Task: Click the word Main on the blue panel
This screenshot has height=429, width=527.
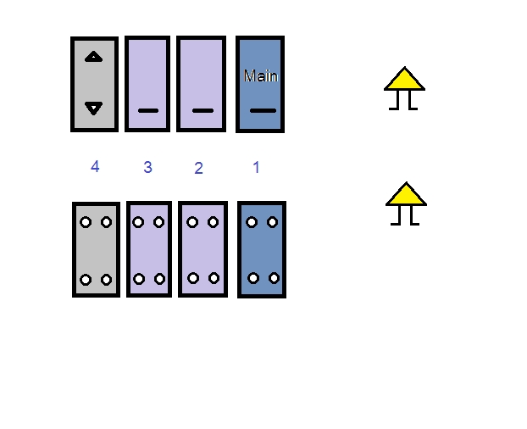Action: (x=261, y=76)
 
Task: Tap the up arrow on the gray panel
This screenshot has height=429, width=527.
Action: (x=94, y=57)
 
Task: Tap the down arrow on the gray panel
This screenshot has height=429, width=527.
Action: (x=94, y=108)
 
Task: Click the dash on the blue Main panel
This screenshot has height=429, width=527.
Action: (x=263, y=110)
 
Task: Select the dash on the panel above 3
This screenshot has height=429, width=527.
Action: (x=148, y=110)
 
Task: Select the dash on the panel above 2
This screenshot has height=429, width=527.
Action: (x=202, y=110)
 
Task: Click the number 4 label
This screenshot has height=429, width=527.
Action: (x=95, y=166)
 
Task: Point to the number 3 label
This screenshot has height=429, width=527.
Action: (x=148, y=167)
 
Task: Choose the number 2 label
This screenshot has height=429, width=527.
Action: (x=198, y=168)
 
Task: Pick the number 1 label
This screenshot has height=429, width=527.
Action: (x=257, y=167)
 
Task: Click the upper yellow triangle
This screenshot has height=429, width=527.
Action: (x=405, y=79)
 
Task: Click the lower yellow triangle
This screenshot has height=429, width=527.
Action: (x=407, y=194)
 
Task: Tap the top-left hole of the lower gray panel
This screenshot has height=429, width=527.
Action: (x=86, y=222)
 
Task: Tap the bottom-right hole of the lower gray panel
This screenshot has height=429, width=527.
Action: (x=107, y=280)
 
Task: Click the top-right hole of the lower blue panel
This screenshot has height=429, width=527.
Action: (x=273, y=222)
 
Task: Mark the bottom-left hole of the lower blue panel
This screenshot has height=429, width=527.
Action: (x=253, y=278)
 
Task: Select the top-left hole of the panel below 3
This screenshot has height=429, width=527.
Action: (x=138, y=222)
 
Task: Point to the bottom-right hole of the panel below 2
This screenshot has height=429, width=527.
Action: (x=214, y=278)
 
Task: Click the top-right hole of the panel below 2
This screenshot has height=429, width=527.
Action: (x=213, y=222)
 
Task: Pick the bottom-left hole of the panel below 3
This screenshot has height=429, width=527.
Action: (x=139, y=279)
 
